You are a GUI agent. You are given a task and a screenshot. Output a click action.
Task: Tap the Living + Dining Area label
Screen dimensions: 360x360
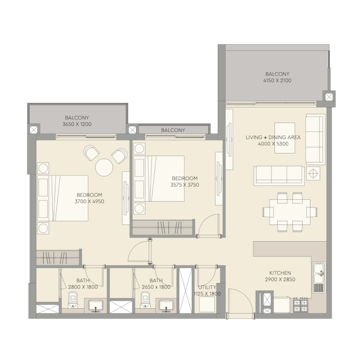pyautogui.click(x=273, y=137)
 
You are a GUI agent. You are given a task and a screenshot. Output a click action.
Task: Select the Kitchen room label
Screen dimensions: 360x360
pyautogui.click(x=280, y=273)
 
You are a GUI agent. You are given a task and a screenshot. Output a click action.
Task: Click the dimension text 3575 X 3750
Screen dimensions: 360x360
pyautogui.click(x=184, y=184)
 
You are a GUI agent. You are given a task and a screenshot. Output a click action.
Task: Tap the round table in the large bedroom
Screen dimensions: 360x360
pyautogui.click(x=104, y=167)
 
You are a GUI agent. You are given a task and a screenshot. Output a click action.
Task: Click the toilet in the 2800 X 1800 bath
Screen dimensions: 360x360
pyautogui.click(x=73, y=299)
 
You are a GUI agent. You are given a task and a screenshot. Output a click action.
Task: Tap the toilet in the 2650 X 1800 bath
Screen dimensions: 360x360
pyautogui.click(x=145, y=299)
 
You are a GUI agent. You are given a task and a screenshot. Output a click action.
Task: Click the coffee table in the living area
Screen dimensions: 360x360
pyautogui.click(x=284, y=138)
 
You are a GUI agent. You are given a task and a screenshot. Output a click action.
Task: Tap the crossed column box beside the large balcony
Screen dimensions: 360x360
pyautogui.click(x=329, y=96)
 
